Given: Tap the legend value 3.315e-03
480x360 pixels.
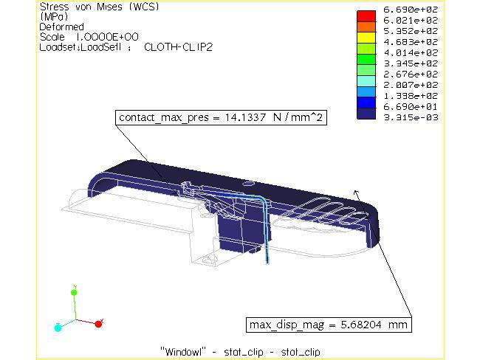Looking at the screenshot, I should (417, 115).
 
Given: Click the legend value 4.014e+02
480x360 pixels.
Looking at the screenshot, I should (417, 52).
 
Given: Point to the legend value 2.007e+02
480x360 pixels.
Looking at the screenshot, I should (417, 84).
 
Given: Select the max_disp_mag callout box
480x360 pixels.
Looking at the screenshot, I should (326, 325).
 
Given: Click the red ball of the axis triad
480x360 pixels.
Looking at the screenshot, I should (99, 323).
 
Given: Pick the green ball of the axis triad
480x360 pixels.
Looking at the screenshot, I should (74, 293).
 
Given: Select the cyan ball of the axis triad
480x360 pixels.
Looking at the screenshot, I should (58, 326).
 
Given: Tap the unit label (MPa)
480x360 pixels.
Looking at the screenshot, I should (52, 16).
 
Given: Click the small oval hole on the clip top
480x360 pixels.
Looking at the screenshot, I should (249, 179).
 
